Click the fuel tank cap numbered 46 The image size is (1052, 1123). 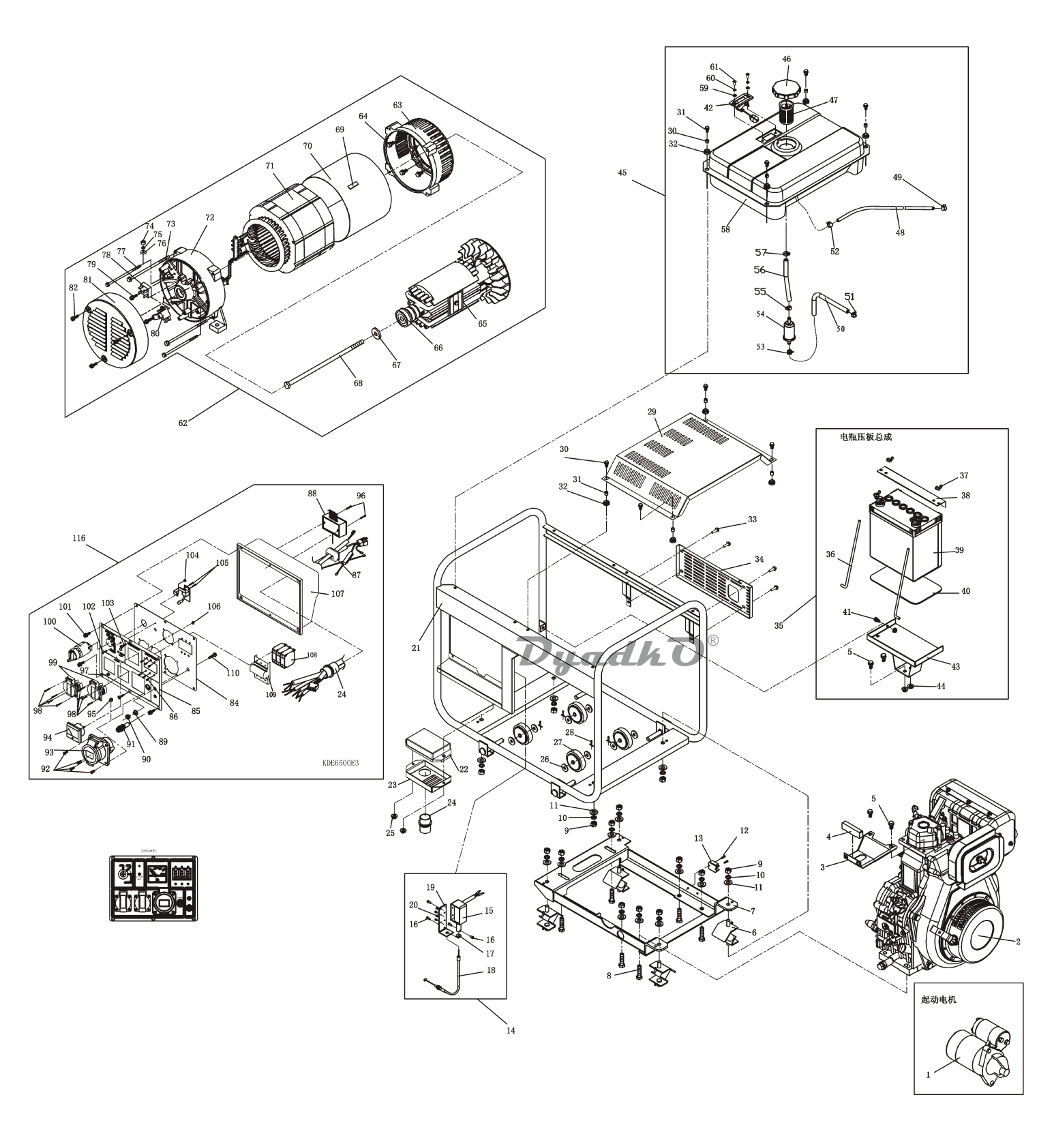[785, 89]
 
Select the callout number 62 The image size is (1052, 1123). [183, 423]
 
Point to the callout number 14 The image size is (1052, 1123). [511, 1030]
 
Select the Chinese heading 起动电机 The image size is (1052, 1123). [938, 1000]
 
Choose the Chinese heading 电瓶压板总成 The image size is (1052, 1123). [866, 437]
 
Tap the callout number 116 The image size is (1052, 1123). [78, 538]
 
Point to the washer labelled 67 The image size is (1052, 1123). [376, 334]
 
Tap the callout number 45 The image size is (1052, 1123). [622, 173]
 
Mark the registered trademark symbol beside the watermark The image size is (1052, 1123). [713, 640]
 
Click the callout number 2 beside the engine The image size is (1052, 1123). [1018, 942]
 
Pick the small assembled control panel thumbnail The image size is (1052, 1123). [154, 888]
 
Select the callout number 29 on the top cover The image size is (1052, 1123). [652, 413]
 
